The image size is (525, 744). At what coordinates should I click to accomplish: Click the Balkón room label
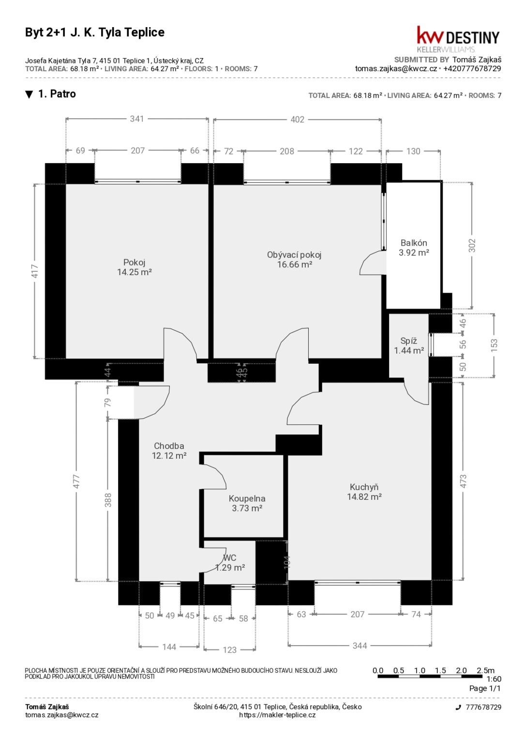click(414, 243)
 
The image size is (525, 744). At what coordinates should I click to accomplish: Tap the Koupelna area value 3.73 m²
click(247, 508)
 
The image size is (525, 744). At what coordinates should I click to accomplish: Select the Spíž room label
click(408, 341)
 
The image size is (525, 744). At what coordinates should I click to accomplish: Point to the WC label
click(230, 558)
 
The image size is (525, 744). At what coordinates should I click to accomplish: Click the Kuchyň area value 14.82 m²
click(364, 496)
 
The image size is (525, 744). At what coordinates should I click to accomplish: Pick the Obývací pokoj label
click(294, 255)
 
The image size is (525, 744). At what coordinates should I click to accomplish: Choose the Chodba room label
click(169, 446)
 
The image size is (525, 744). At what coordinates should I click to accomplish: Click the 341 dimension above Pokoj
click(137, 119)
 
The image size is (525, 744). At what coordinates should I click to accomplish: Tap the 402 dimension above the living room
click(298, 119)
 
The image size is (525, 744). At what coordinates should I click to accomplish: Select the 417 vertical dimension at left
click(35, 271)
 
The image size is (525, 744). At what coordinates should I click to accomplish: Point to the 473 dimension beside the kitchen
click(463, 481)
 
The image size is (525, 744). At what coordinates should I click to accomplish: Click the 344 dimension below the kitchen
click(360, 646)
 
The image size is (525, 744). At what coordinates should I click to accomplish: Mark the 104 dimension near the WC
click(287, 562)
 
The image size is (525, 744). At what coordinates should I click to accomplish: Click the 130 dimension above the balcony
click(413, 151)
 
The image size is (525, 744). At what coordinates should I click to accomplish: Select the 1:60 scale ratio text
click(494, 679)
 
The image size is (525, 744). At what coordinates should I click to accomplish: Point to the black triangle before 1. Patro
click(29, 94)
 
